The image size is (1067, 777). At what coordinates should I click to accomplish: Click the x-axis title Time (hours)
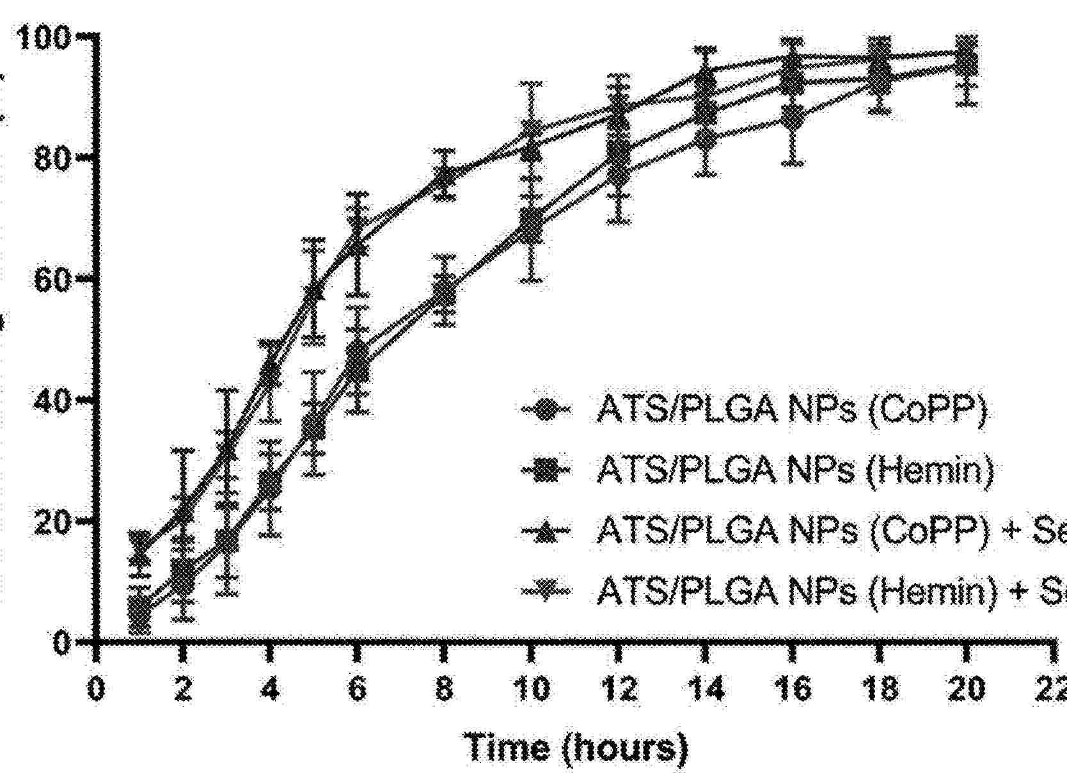578,747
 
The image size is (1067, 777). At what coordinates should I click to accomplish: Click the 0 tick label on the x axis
96,689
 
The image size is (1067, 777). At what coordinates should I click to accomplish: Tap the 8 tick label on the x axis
444,689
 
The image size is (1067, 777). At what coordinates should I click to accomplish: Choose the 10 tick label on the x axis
531,689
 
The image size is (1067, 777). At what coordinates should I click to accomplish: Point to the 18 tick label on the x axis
880,689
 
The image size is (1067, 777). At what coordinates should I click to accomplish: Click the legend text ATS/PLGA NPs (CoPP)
792,410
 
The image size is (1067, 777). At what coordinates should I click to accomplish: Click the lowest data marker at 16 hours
793,119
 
